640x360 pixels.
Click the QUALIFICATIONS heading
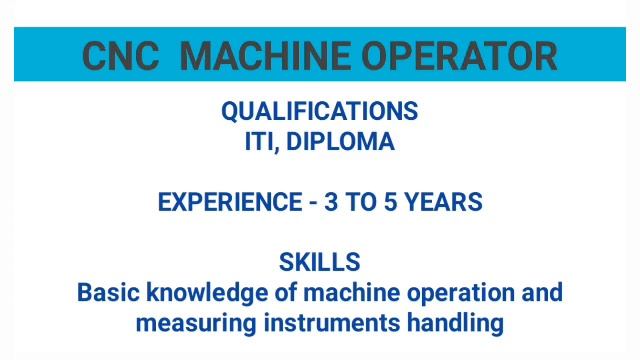[320, 111]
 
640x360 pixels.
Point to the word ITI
[261, 142]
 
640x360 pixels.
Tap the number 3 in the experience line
[331, 202]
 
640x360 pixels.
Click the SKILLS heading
[320, 263]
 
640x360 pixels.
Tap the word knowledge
[208, 293]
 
